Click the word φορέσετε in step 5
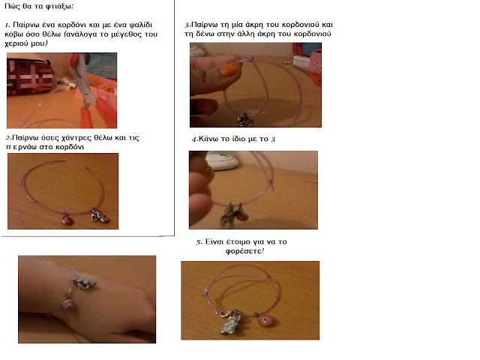[x=244, y=251]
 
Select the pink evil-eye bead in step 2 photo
[x=67, y=219]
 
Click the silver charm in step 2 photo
[x=100, y=215]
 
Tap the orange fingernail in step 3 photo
[x=229, y=69]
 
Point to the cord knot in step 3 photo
[x=250, y=58]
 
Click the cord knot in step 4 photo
[x=271, y=181]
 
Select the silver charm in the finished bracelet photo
[x=231, y=322]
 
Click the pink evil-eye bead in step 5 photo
[x=264, y=321]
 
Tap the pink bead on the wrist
[x=68, y=305]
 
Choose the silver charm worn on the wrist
[x=84, y=283]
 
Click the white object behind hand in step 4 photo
[x=223, y=161]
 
